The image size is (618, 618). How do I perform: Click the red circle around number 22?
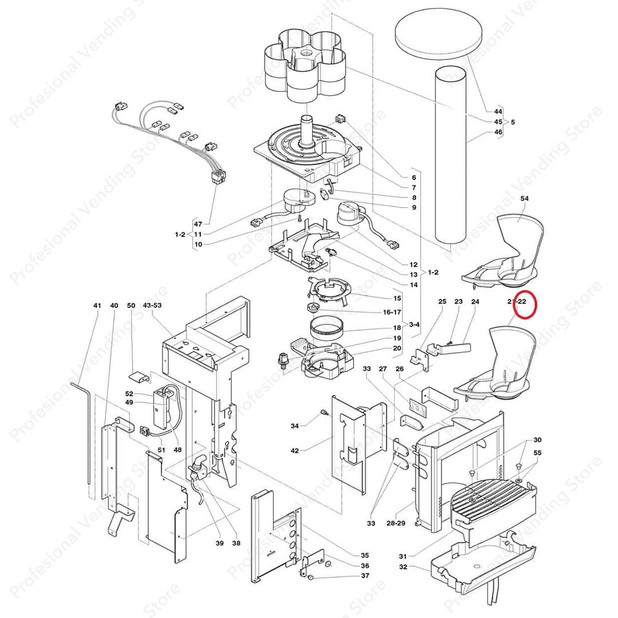pos(525,304)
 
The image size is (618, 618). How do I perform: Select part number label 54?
pos(524,197)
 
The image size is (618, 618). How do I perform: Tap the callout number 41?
pos(97,306)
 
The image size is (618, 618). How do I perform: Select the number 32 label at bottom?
pos(403,567)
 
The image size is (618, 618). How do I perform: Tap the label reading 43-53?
pos(152,306)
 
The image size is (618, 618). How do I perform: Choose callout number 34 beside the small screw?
pos(295,426)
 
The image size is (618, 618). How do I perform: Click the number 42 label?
pos(295,451)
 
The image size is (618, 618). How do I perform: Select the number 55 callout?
pos(537,453)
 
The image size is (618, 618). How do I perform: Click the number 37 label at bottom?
pos(365,576)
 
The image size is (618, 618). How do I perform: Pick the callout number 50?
pos(131,306)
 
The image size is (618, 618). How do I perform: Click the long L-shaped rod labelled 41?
pos(88,423)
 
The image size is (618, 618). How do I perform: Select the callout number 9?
pos(414,208)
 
